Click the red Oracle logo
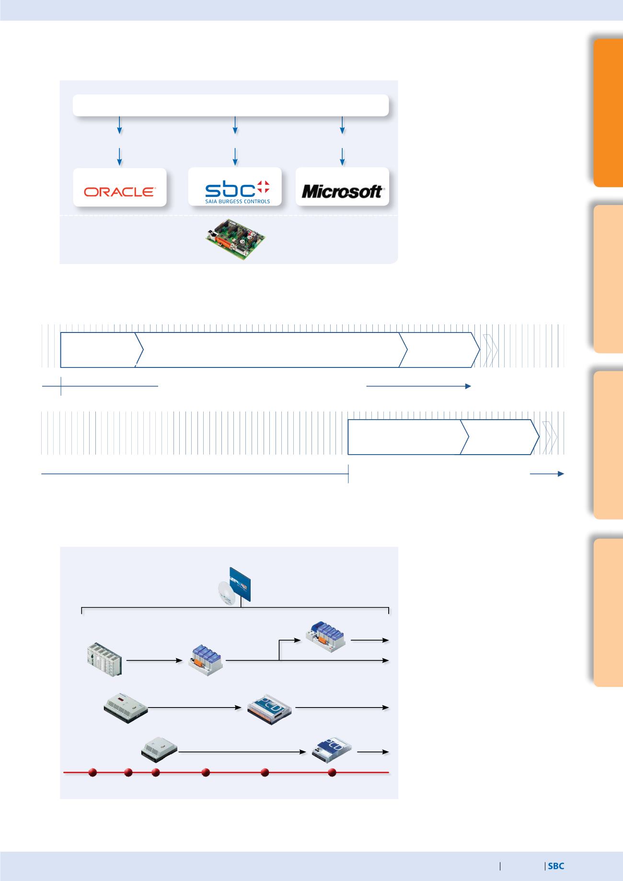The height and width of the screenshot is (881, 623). click(x=120, y=192)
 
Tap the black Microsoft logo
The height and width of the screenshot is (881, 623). click(x=342, y=192)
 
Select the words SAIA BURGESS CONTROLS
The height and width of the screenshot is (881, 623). click(x=238, y=201)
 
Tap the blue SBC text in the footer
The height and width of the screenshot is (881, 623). click(x=556, y=866)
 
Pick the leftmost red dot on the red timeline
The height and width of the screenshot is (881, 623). click(x=93, y=772)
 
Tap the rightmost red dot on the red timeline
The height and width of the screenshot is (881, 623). click(x=332, y=772)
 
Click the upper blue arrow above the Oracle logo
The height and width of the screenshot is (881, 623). click(x=119, y=125)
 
